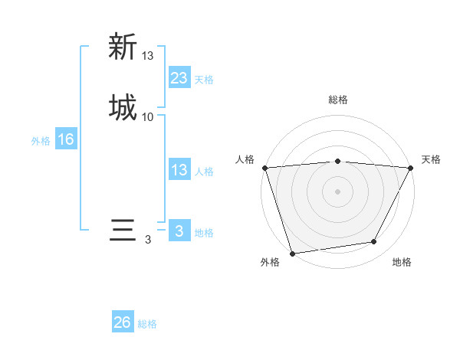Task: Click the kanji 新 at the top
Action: coord(123,47)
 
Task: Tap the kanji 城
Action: coord(123,108)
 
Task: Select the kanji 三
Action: coord(123,231)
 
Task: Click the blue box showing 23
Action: coord(179,77)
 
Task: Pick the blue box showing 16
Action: coord(66,139)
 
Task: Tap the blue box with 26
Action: coord(123,322)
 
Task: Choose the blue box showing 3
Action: coord(179,231)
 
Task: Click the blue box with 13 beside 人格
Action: coord(179,170)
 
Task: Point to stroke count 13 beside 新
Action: coord(148,56)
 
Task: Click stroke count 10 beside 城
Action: coord(148,117)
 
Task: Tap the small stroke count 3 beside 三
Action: coord(148,240)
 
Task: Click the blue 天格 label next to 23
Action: coord(204,80)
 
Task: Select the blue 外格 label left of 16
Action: coord(41,141)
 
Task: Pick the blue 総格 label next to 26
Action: coord(147,325)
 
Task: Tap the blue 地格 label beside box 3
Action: coord(204,233)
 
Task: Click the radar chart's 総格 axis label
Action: coord(338,100)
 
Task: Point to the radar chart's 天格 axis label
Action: coord(431,159)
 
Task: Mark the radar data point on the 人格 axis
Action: coord(264,168)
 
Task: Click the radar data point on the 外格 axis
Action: coord(292,252)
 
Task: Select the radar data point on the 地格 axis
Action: coord(374,242)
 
